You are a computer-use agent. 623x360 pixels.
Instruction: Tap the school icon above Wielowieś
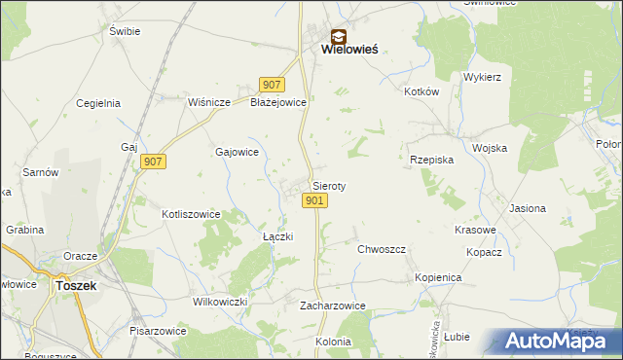click(x=337, y=35)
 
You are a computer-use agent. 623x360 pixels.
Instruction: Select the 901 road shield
click(x=313, y=200)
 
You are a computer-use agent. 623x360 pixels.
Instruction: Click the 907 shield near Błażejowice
click(x=272, y=85)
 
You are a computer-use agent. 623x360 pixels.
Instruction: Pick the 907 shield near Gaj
click(x=152, y=162)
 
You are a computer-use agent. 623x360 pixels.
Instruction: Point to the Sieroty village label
click(x=329, y=185)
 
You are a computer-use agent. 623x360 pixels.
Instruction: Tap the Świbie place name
click(x=126, y=31)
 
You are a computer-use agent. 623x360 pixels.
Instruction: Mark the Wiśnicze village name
click(x=208, y=102)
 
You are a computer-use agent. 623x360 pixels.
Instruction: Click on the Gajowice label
click(x=237, y=152)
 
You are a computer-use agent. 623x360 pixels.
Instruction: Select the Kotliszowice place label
click(x=191, y=214)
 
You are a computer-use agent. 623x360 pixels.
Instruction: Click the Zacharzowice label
click(x=333, y=306)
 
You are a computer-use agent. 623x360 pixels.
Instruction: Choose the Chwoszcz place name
click(x=381, y=249)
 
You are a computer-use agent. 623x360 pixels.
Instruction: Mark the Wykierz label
click(x=482, y=76)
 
